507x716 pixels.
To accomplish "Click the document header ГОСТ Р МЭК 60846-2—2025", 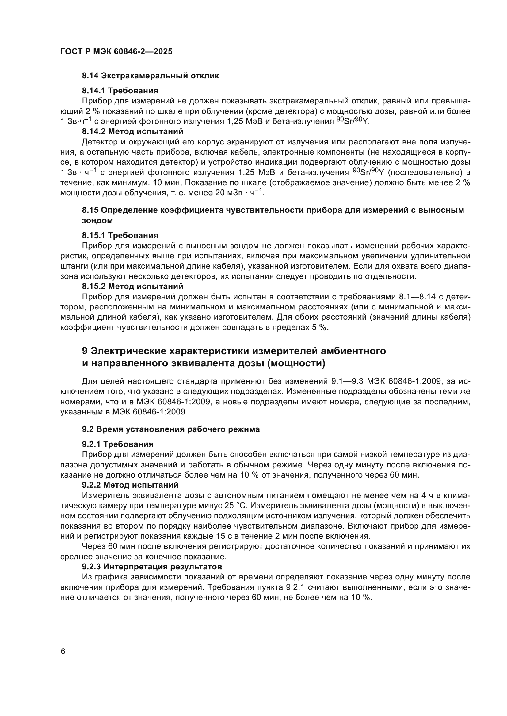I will click(x=116, y=52).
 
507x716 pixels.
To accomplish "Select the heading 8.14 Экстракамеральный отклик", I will click(x=150, y=76).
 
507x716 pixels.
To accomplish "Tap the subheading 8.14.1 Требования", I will click(x=120, y=91).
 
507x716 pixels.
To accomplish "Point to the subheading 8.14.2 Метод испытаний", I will click(x=132, y=131).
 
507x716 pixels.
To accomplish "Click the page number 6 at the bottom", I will click(x=63, y=651).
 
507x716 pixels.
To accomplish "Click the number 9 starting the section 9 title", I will click(x=85, y=351).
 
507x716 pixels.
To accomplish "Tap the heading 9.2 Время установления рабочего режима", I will click(x=171, y=429).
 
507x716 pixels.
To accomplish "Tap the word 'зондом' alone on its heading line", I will click(x=97, y=221).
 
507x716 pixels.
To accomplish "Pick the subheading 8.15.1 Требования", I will click(x=120, y=235).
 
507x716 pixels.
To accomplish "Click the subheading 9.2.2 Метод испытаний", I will click(x=130, y=485).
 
